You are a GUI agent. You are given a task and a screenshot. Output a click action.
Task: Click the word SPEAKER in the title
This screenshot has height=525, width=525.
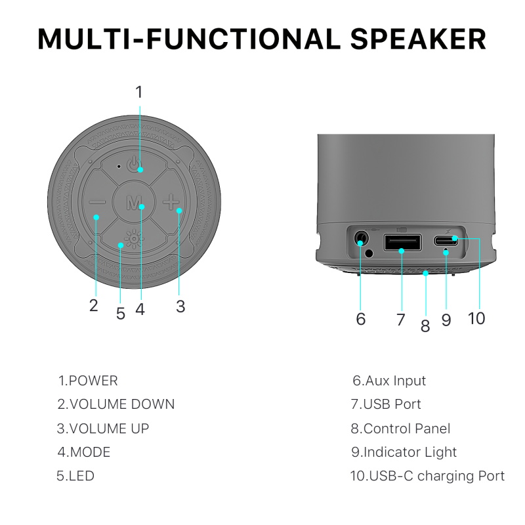(x=418, y=39)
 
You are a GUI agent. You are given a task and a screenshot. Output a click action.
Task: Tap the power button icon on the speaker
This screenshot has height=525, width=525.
(x=133, y=165)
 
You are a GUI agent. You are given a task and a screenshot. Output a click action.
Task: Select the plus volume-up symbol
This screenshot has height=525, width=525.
(x=171, y=202)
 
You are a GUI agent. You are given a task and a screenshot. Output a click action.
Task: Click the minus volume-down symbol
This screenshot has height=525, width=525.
(x=97, y=202)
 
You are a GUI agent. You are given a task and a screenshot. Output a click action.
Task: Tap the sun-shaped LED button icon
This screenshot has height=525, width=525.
(x=134, y=239)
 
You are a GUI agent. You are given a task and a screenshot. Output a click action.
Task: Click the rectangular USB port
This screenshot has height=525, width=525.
(x=402, y=242)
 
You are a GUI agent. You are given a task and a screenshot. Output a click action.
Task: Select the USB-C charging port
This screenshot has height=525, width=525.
(x=446, y=240)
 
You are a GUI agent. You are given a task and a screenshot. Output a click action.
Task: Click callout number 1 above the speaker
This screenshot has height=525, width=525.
(x=139, y=92)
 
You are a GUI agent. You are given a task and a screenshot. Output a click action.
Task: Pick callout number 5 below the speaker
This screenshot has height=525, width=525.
(x=121, y=314)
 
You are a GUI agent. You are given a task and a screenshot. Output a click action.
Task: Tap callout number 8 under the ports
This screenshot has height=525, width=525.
(x=425, y=325)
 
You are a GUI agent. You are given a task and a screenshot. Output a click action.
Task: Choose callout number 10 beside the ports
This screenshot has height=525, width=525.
(x=476, y=318)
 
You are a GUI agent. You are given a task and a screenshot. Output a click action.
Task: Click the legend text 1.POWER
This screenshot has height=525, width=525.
(x=88, y=381)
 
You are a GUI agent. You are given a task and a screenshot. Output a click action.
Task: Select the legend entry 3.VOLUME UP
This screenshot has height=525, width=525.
(x=103, y=429)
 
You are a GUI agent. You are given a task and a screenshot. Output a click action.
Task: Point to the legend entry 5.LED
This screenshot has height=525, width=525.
(x=75, y=476)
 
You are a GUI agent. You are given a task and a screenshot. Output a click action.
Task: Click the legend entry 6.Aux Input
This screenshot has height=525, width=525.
(x=389, y=381)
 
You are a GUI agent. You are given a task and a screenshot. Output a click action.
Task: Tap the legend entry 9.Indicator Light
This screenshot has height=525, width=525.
(x=404, y=452)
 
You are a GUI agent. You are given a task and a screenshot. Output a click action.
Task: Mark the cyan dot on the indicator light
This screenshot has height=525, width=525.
(x=446, y=253)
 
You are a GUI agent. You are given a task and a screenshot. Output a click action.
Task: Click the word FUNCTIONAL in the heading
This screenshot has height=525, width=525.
(x=243, y=39)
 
